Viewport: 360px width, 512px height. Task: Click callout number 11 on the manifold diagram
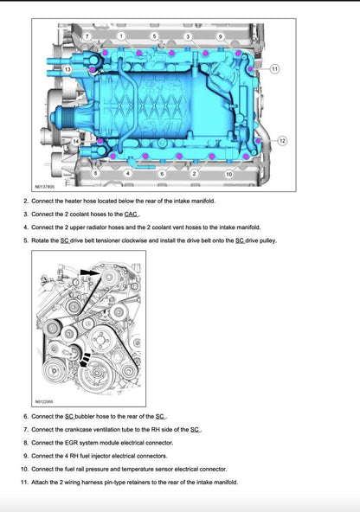[x=274, y=67]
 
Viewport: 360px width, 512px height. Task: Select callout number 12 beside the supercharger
[x=282, y=140]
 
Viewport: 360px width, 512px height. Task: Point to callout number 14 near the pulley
[x=76, y=140]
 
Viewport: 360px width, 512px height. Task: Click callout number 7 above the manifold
[x=87, y=36]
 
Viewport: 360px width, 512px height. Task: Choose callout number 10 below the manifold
[x=228, y=174]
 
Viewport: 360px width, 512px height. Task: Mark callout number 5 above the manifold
[x=154, y=36]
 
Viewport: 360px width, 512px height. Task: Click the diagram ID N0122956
[x=44, y=401]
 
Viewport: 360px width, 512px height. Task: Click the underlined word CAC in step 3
[x=132, y=214]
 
